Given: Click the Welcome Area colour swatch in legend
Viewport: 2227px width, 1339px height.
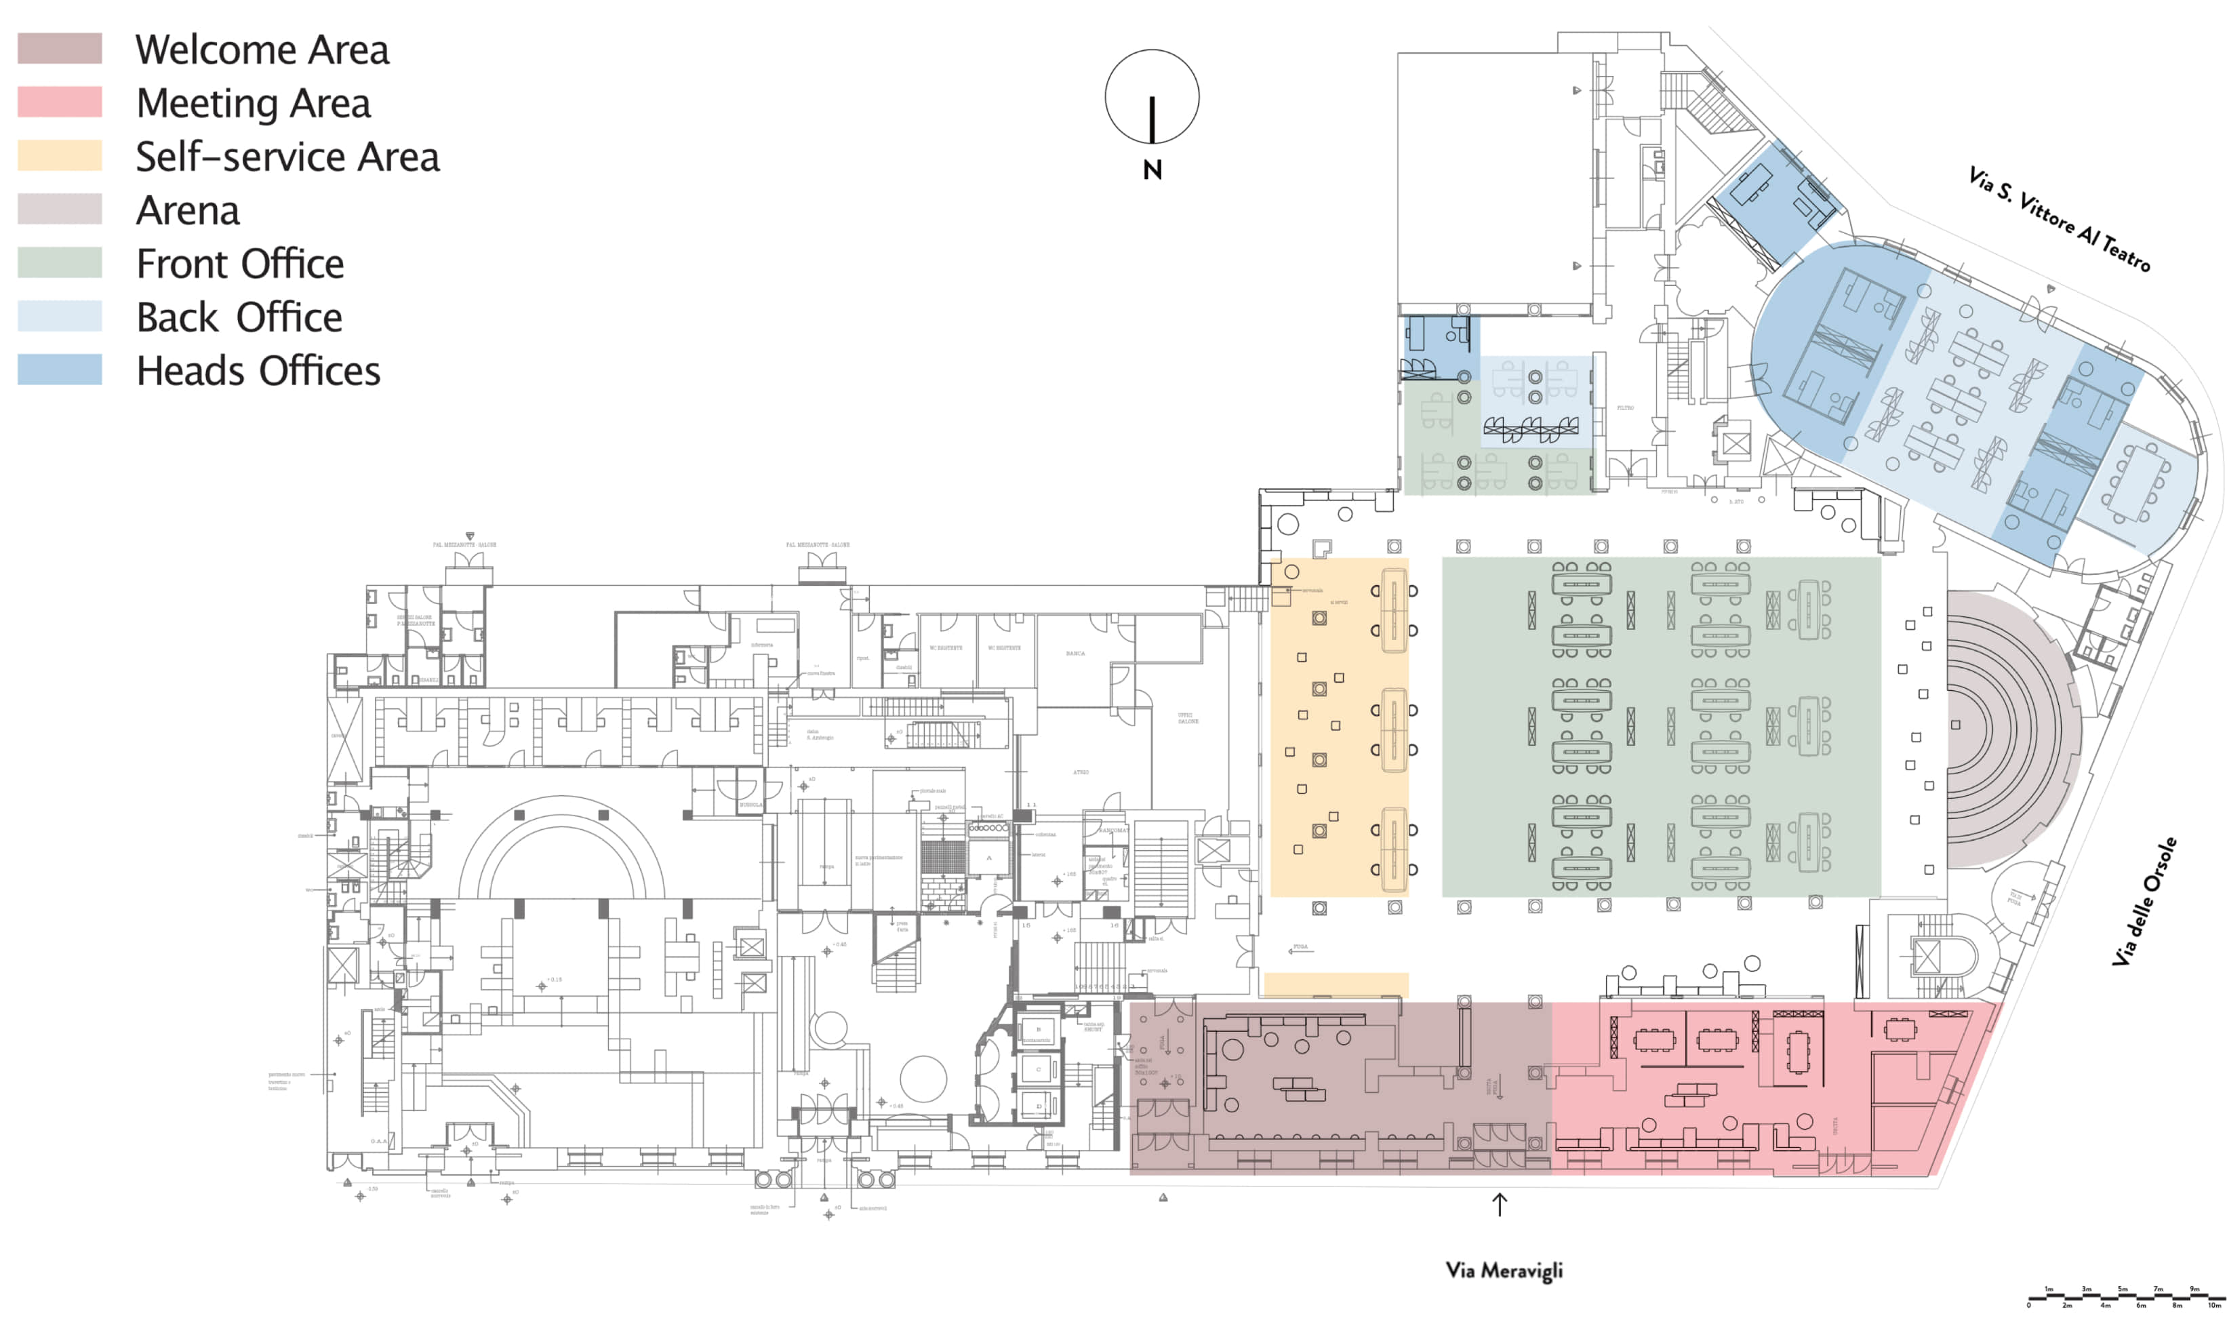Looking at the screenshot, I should tap(60, 48).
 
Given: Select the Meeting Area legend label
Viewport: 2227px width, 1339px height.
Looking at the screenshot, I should tap(253, 103).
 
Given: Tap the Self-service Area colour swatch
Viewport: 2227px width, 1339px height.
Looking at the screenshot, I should tap(60, 155).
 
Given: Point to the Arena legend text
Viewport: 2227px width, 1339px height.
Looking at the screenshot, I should tap(188, 210).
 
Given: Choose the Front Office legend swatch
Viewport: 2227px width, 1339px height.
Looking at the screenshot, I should tap(60, 262).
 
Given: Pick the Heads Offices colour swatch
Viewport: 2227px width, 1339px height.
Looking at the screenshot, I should tap(60, 369).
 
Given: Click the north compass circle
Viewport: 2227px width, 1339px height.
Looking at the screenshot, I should tap(1151, 96).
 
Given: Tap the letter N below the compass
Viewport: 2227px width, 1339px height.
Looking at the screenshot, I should tap(1151, 171).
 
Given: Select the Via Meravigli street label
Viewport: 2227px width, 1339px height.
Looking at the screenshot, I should tap(1503, 1270).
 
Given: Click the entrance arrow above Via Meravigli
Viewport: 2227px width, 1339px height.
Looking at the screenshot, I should tap(1498, 1203).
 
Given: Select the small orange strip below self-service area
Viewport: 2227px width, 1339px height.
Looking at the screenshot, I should tap(1335, 984).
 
